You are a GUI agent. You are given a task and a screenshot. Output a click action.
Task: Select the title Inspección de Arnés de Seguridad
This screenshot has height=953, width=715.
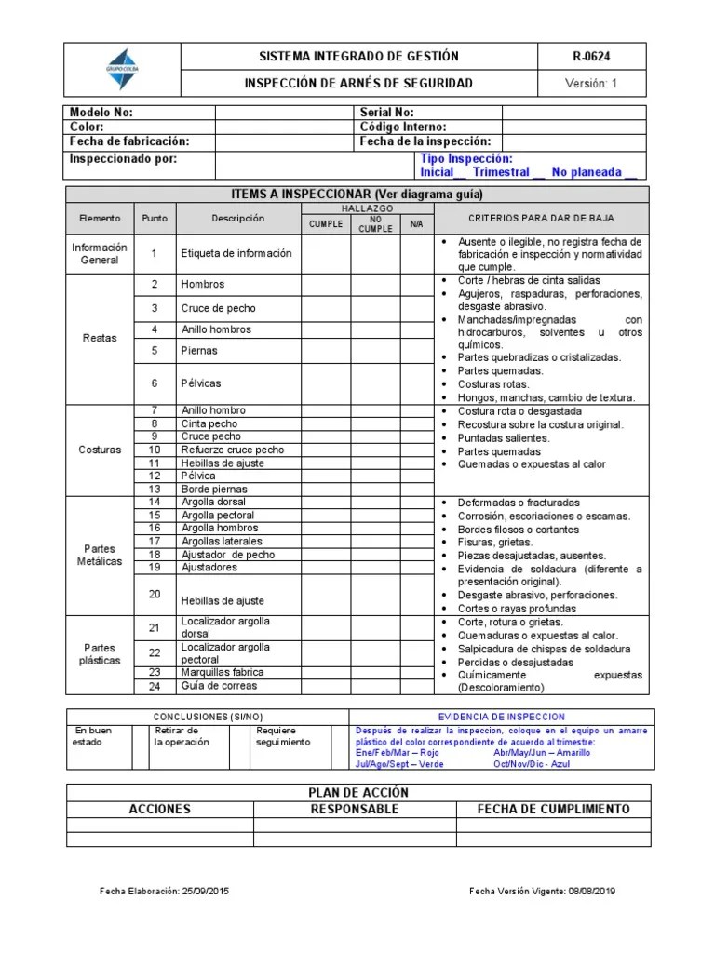tap(357, 83)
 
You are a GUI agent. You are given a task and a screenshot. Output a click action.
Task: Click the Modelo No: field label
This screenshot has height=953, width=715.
tap(102, 112)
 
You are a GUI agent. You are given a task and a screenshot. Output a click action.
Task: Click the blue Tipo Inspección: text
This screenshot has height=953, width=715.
tap(465, 159)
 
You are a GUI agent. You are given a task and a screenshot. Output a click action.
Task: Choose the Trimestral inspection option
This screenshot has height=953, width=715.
tap(501, 172)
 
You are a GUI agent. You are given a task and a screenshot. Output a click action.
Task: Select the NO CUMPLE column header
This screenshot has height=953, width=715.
tap(375, 223)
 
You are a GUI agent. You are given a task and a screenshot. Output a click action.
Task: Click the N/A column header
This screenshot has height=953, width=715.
tap(416, 224)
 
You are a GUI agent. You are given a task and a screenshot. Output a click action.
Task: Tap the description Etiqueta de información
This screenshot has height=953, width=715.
tap(236, 253)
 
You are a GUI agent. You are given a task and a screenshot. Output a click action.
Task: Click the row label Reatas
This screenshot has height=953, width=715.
tap(100, 338)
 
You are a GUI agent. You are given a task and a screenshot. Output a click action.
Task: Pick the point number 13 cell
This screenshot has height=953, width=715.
tap(155, 489)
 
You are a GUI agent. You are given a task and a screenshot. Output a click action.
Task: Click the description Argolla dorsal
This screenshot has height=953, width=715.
tap(213, 502)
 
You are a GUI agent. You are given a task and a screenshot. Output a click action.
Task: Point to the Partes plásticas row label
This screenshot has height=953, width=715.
tap(100, 654)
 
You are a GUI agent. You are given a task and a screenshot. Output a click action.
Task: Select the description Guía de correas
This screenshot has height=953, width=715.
tap(219, 686)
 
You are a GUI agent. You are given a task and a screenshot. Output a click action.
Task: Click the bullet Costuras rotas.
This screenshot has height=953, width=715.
tap(493, 384)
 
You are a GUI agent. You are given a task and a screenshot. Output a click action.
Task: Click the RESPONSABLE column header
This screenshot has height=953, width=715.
tap(354, 809)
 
